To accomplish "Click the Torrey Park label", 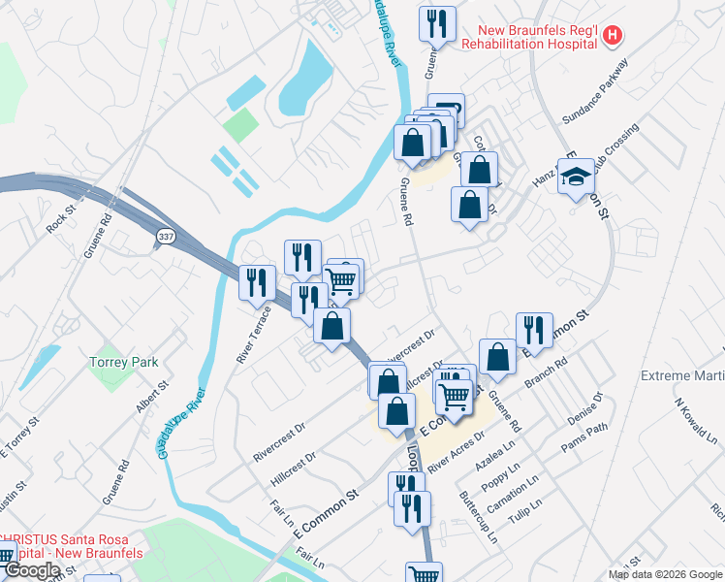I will [x=123, y=362].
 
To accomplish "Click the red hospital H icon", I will [x=612, y=37].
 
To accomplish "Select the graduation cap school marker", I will [x=576, y=177].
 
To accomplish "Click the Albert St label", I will [x=152, y=397].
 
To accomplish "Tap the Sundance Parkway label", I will [x=595, y=90].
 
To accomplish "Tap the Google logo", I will [x=32, y=570].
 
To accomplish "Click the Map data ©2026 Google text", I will [x=665, y=574].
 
